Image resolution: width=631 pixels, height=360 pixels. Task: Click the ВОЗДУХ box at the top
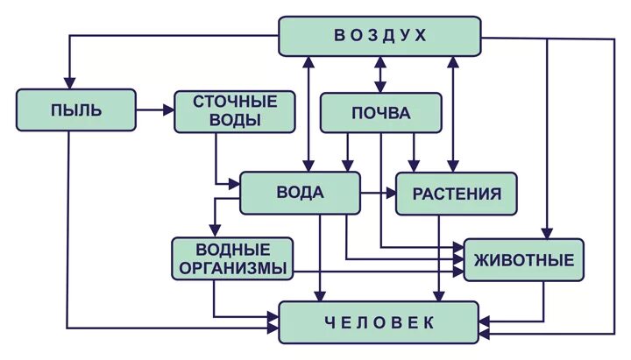pyautogui.click(x=379, y=36)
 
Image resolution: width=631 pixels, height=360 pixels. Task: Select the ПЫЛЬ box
pyautogui.click(x=76, y=110)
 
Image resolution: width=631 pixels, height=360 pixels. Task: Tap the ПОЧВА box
pyautogui.click(x=380, y=113)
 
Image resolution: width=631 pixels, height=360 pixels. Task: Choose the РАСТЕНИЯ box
pyautogui.click(x=457, y=194)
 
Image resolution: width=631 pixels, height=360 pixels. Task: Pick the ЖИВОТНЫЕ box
pyautogui.click(x=523, y=259)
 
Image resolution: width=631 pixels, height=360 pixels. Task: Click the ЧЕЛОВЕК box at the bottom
pyautogui.click(x=379, y=322)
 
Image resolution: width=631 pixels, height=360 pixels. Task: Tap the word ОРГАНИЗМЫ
pyautogui.click(x=232, y=269)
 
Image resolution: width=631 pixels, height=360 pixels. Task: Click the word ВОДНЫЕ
pyautogui.click(x=232, y=250)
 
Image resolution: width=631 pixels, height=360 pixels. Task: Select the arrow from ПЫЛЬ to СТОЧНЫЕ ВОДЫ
pyautogui.click(x=155, y=110)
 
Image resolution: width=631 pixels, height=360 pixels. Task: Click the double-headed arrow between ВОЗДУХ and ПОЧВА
pyautogui.click(x=380, y=74)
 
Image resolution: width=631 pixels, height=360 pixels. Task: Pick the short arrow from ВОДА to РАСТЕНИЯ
pyautogui.click(x=378, y=193)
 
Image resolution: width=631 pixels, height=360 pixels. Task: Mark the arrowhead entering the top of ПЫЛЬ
pyautogui.click(x=67, y=82)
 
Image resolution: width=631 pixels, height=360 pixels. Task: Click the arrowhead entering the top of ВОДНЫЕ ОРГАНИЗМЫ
pyautogui.click(x=214, y=230)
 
